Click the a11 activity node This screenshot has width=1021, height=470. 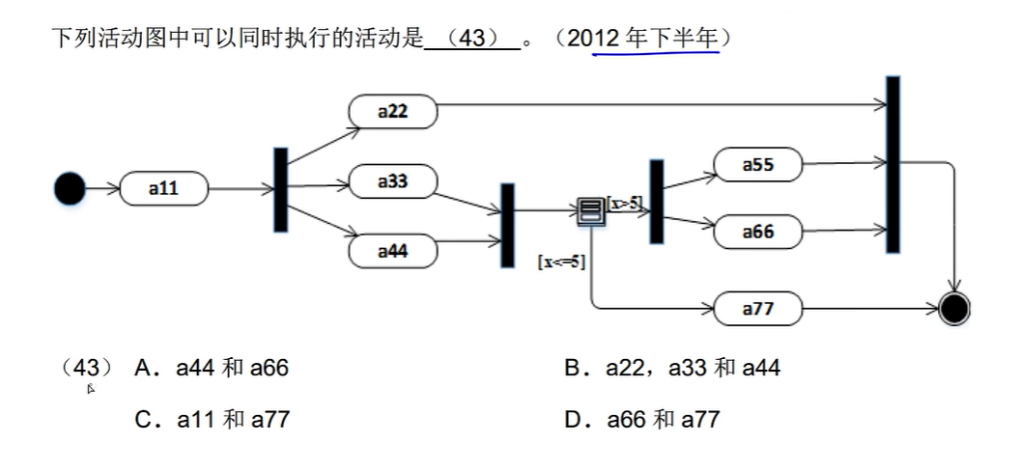pyautogui.click(x=163, y=189)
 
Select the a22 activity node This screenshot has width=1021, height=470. pyautogui.click(x=392, y=111)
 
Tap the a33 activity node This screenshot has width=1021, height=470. pyautogui.click(x=392, y=181)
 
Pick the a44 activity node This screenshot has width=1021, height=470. pyautogui.click(x=392, y=251)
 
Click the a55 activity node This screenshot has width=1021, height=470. pyautogui.click(x=757, y=165)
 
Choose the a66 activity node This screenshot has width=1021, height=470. pyautogui.click(x=757, y=232)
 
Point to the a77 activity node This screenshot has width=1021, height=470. pyautogui.click(x=757, y=309)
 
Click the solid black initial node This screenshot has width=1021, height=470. pyautogui.click(x=70, y=188)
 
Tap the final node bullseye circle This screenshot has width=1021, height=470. pyautogui.click(x=954, y=309)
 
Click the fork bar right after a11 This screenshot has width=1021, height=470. pyautogui.click(x=280, y=189)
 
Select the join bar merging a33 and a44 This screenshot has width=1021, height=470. pyautogui.click(x=507, y=225)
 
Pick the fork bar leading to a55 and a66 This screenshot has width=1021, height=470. pyautogui.click(x=657, y=202)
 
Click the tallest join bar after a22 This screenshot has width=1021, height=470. pyautogui.click(x=893, y=164)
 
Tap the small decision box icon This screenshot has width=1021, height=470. pyautogui.click(x=590, y=210)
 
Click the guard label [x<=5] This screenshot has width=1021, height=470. pyautogui.click(x=561, y=262)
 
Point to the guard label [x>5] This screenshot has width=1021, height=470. pyautogui.click(x=624, y=203)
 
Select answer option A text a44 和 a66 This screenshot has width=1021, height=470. pyautogui.click(x=232, y=368)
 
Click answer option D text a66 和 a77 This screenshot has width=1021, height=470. pyautogui.click(x=663, y=419)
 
